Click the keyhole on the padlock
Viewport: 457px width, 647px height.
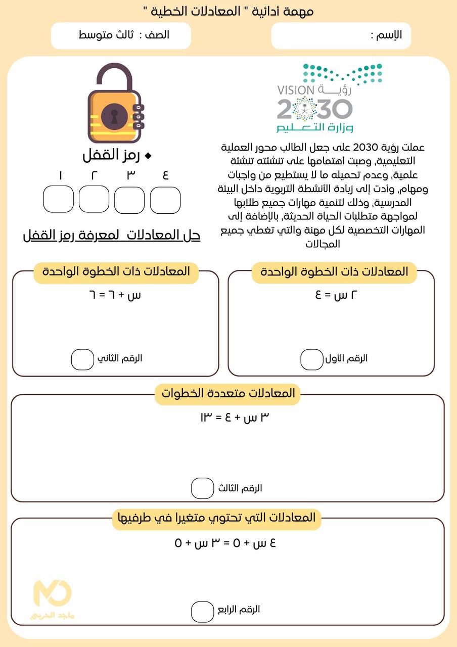114,116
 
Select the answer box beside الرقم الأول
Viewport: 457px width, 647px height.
311,359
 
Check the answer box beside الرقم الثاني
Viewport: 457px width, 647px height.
82,359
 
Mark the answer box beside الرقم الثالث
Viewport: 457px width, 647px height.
202,488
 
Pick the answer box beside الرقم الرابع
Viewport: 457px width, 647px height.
202,612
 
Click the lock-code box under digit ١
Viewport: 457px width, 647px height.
59,199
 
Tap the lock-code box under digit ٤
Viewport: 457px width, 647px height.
165,200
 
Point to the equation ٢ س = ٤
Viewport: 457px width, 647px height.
329,295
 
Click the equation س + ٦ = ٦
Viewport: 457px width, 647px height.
114,295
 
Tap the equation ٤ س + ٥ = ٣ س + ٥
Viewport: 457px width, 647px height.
225,543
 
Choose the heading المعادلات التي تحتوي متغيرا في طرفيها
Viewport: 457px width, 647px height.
216,518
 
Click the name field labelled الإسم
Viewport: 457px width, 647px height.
340,36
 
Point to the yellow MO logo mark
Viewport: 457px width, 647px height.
53,593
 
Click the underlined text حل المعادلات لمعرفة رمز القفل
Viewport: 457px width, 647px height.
112,235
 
